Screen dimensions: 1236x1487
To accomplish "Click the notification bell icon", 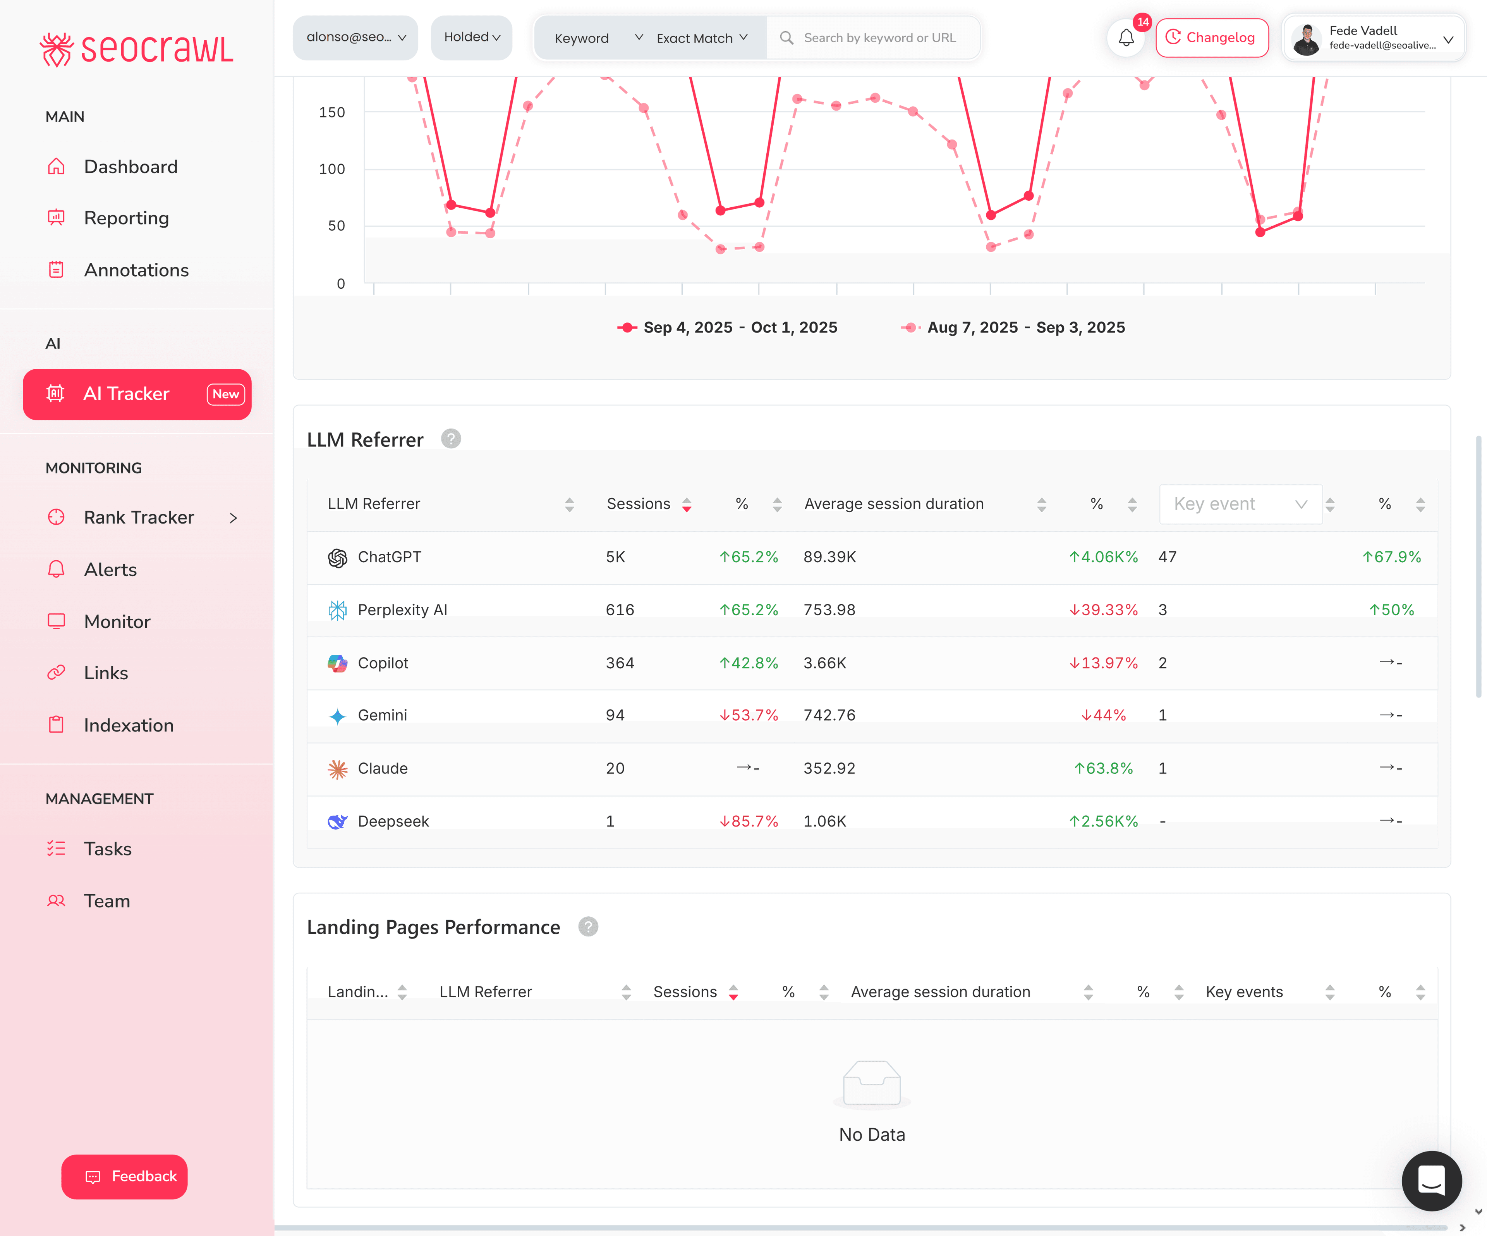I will pos(1126,38).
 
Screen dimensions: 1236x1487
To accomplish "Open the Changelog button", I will pos(1212,38).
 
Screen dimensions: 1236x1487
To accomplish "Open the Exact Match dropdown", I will pos(701,38).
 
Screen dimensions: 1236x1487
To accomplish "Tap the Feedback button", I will pos(125,1176).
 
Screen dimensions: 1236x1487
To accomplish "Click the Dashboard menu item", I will pos(130,167).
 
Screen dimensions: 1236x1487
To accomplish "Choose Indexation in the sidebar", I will pos(128,725).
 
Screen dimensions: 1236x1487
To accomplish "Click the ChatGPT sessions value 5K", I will pos(615,557).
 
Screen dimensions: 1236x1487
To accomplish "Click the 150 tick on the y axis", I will pos(331,112).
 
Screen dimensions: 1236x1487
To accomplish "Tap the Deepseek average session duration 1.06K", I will pos(825,821).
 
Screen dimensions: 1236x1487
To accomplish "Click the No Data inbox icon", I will pos(872,1082).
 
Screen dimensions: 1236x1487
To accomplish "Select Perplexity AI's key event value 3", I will pos(1163,610).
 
